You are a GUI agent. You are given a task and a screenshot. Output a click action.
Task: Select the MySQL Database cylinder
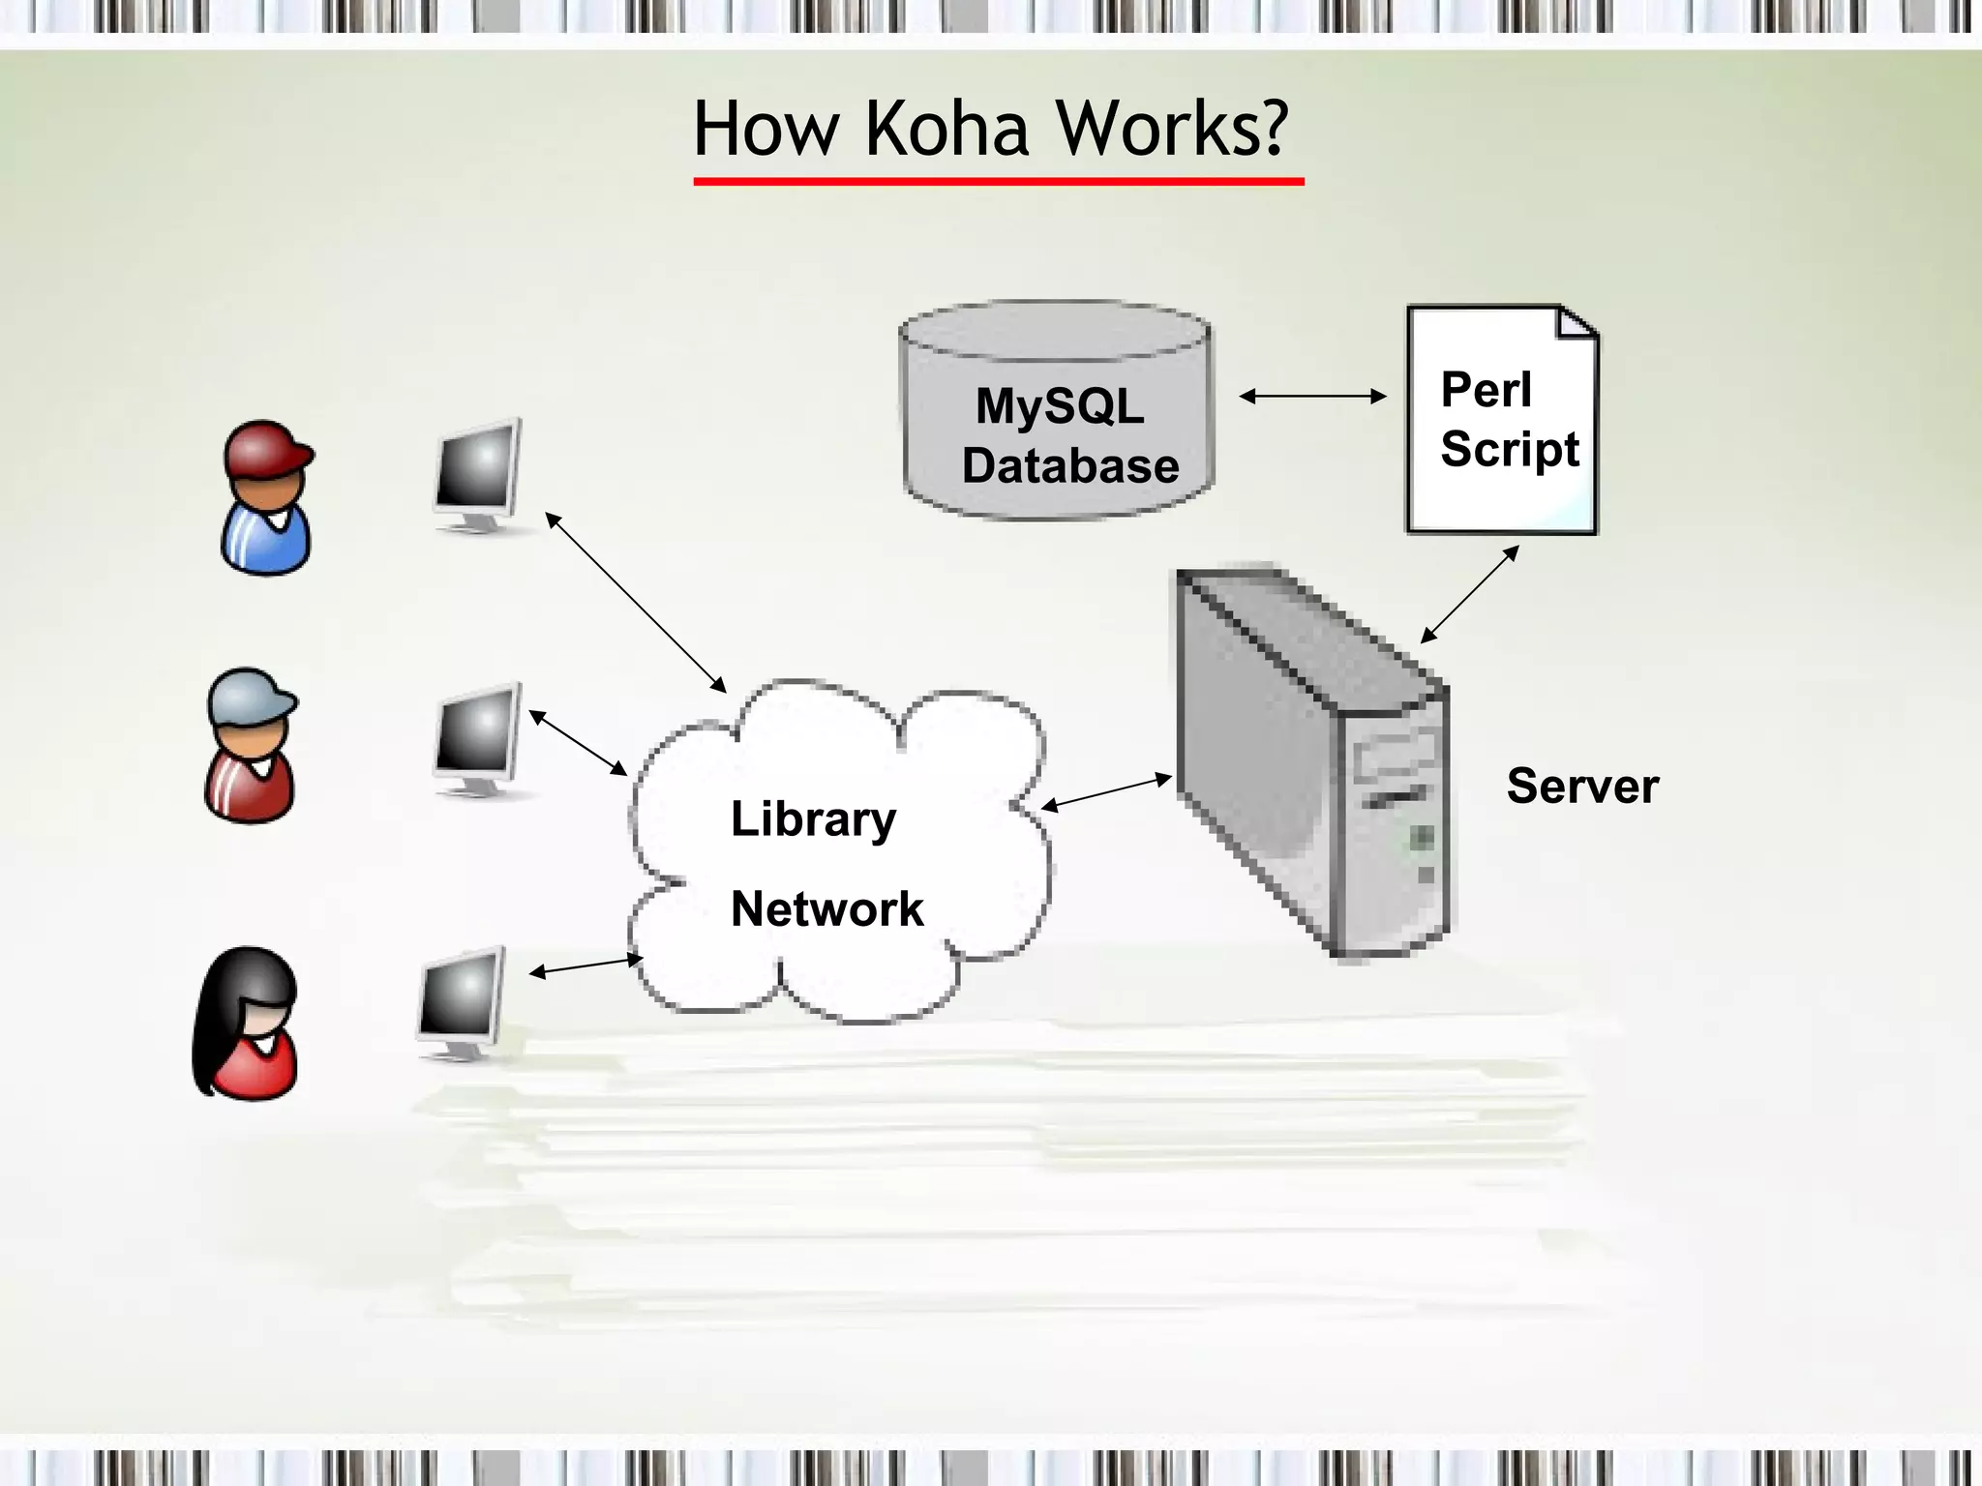pyautogui.click(x=1057, y=411)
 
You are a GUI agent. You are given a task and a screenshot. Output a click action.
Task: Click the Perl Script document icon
pyautogui.click(x=1502, y=421)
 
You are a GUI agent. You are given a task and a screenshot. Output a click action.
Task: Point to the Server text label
pyautogui.click(x=1582, y=786)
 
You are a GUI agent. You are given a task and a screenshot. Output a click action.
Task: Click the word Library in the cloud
pyautogui.click(x=813, y=819)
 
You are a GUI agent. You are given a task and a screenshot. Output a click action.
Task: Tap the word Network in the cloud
pyautogui.click(x=827, y=909)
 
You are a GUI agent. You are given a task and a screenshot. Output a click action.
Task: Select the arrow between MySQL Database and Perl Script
pyautogui.click(x=1312, y=396)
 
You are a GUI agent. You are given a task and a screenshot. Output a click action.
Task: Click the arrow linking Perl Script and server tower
pyautogui.click(x=1469, y=594)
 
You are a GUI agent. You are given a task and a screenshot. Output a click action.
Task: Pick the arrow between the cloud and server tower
pyautogui.click(x=1106, y=791)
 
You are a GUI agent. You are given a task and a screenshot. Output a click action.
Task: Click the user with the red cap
pyautogui.click(x=266, y=498)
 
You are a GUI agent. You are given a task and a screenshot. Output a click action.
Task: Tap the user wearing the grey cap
pyautogui.click(x=250, y=746)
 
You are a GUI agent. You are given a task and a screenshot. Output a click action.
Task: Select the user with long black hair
pyautogui.click(x=246, y=1024)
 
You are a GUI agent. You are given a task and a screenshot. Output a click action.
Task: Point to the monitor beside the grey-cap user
pyautogui.click(x=477, y=740)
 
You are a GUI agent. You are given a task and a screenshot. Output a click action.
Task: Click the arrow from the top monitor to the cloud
pyautogui.click(x=635, y=602)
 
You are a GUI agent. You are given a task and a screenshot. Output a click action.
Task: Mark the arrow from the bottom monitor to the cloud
pyautogui.click(x=586, y=966)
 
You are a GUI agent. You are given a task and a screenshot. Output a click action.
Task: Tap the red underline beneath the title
pyautogui.click(x=999, y=181)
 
